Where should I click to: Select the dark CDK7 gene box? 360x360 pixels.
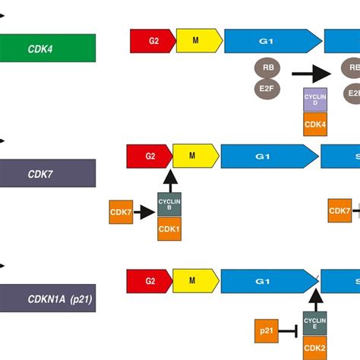point(47,173)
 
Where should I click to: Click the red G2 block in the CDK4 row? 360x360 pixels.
point(152,41)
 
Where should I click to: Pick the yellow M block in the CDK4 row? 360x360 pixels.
point(199,41)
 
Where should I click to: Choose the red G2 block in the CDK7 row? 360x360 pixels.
point(149,156)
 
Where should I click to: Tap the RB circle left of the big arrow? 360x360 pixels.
point(268,68)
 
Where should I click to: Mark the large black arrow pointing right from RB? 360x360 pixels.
point(311,73)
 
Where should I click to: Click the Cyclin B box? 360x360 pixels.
point(169,204)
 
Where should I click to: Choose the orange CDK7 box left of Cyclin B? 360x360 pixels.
point(122,213)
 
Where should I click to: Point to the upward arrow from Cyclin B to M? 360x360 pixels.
point(169,179)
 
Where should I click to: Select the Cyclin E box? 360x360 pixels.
point(315,324)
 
